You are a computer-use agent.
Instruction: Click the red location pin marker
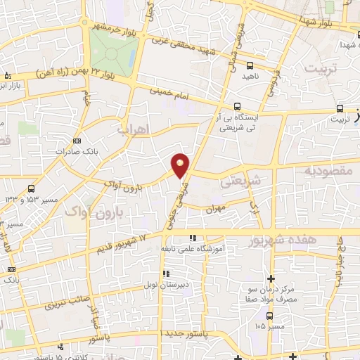point(181,165)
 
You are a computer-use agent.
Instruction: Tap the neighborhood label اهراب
point(134,131)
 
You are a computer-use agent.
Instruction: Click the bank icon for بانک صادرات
point(77,141)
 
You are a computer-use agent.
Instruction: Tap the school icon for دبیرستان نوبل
point(166,274)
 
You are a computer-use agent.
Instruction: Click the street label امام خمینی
point(170,94)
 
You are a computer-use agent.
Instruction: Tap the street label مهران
point(214,209)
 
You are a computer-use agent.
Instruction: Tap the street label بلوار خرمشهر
point(115,28)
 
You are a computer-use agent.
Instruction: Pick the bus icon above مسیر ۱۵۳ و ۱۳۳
point(31,188)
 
